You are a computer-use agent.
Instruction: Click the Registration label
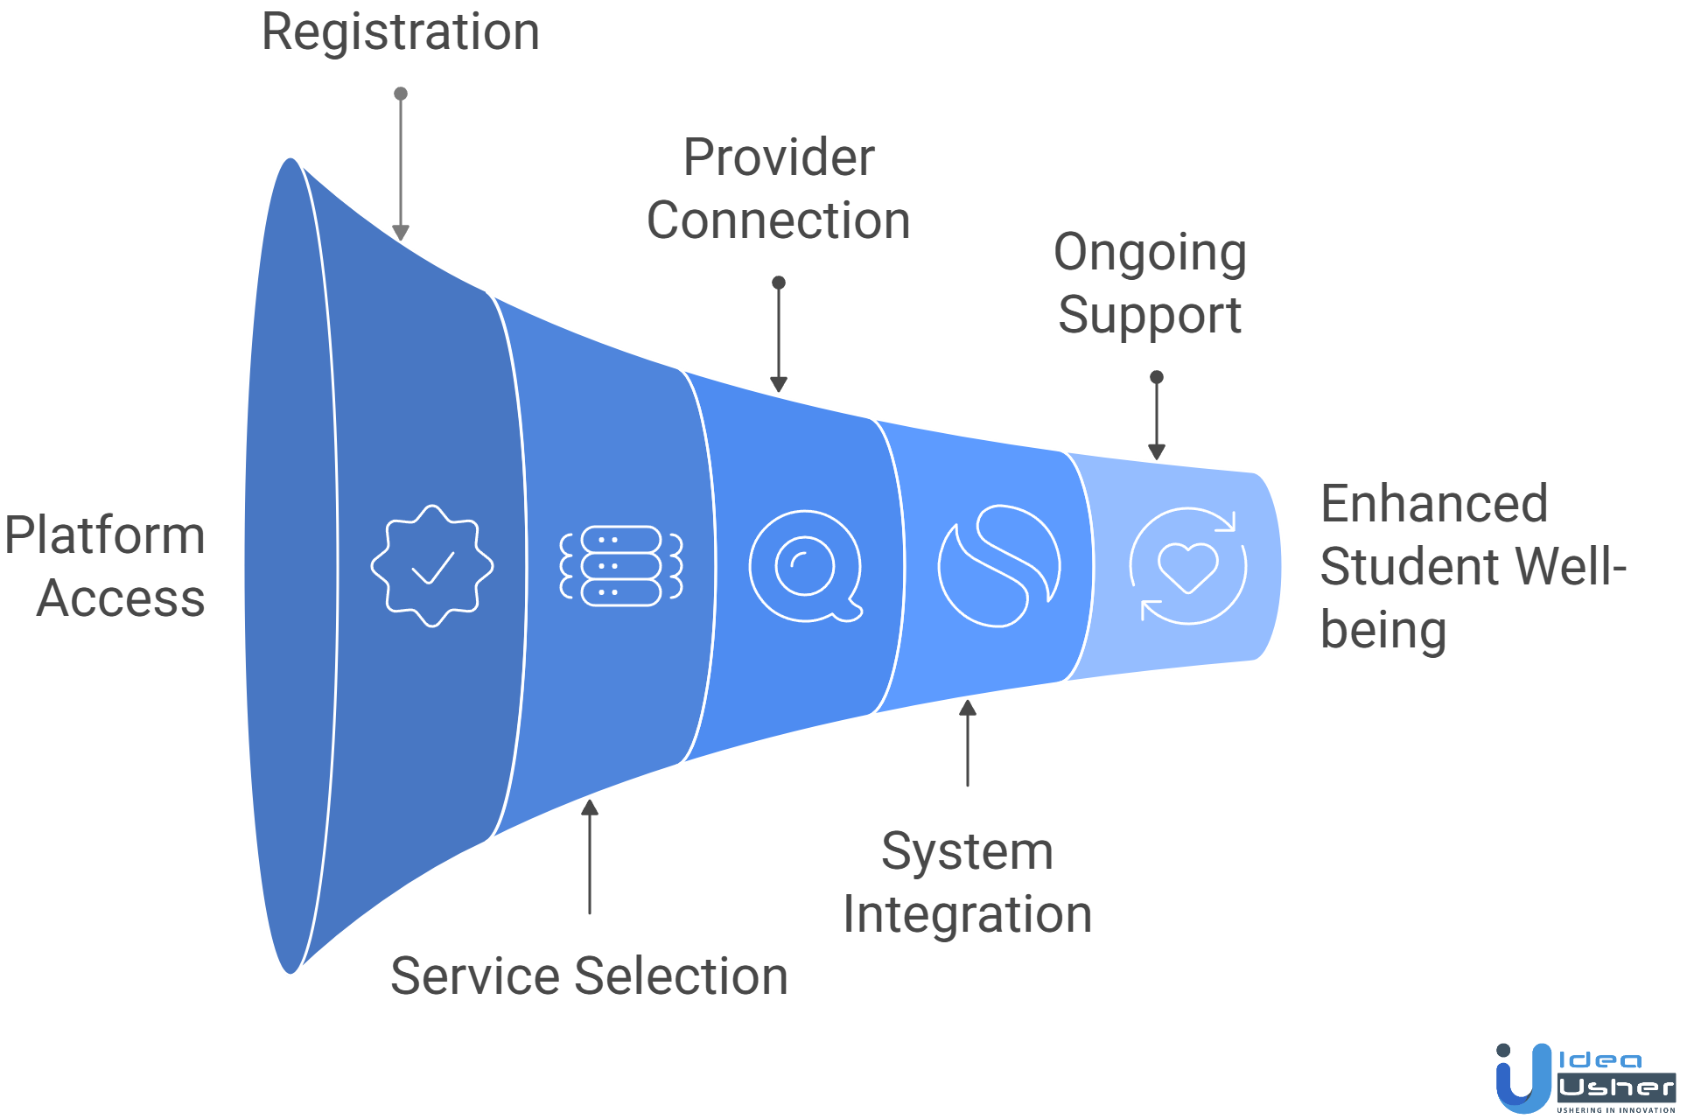[x=401, y=33]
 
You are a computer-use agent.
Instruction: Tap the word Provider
[x=779, y=158]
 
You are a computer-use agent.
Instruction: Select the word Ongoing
[x=1150, y=253]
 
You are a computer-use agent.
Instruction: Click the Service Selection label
[x=589, y=976]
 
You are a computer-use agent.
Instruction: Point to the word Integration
[x=967, y=915]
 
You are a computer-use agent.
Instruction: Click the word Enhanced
[x=1433, y=504]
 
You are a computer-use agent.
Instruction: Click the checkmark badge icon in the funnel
[x=432, y=565]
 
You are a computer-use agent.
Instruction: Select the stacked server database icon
[x=621, y=566]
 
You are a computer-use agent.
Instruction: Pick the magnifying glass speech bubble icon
[x=806, y=566]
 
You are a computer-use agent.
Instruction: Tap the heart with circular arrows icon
[x=1187, y=566]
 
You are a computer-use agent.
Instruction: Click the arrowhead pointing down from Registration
[x=401, y=233]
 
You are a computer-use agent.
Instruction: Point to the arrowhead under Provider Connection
[x=779, y=384]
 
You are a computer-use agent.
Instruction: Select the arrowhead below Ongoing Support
[x=1157, y=451]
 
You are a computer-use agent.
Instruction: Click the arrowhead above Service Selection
[x=590, y=808]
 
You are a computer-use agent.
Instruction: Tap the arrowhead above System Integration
[x=968, y=708]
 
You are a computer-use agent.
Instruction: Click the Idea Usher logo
[x=1584, y=1078]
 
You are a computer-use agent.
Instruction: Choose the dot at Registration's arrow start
[x=401, y=94]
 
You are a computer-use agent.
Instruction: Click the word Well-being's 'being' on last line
[x=1382, y=630]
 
